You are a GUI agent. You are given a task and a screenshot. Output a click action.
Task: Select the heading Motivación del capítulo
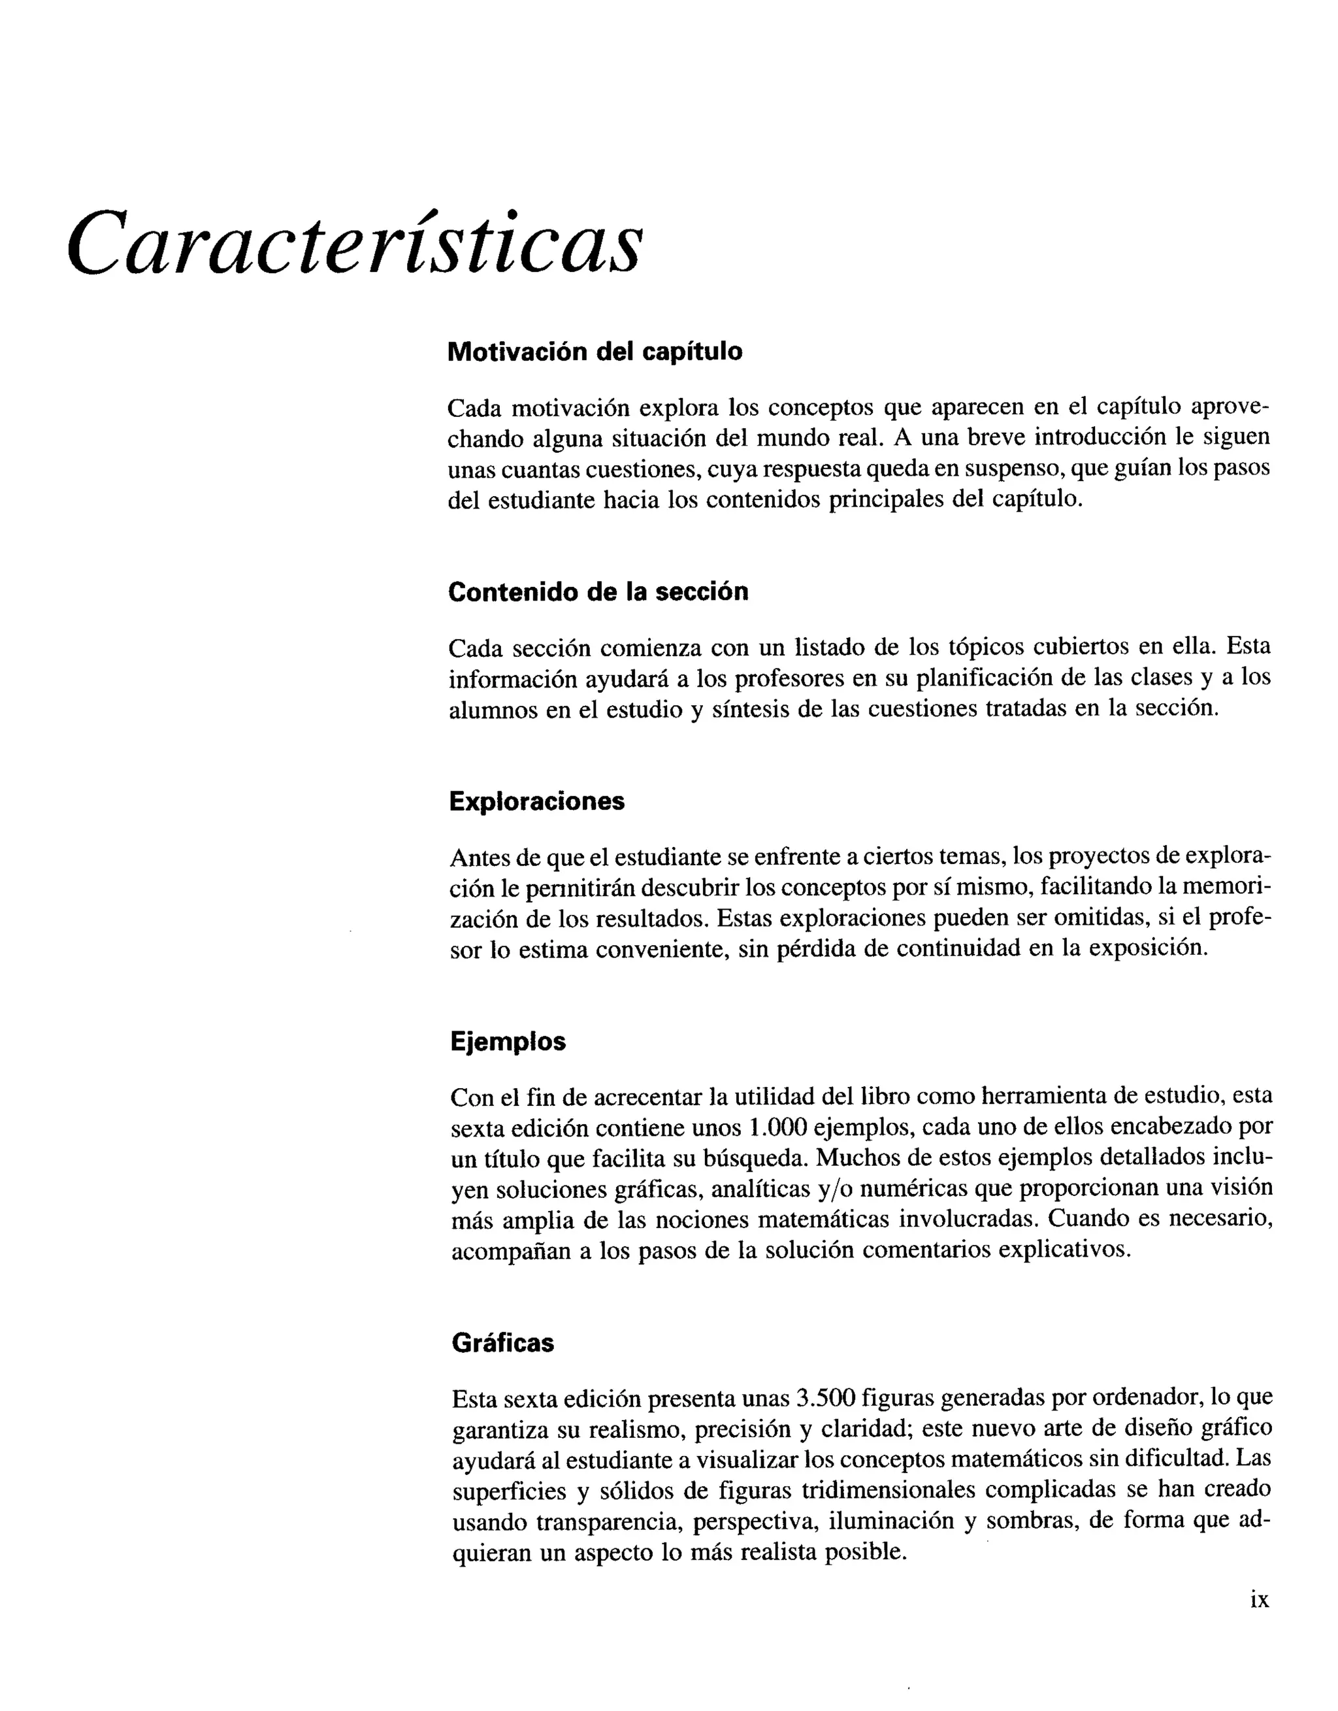[x=595, y=352]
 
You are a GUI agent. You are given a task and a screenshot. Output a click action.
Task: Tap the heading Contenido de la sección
[x=598, y=591]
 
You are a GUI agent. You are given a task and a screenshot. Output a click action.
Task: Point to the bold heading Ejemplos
[x=508, y=1041]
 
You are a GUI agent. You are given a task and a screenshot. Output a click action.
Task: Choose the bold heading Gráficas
[x=502, y=1343]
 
